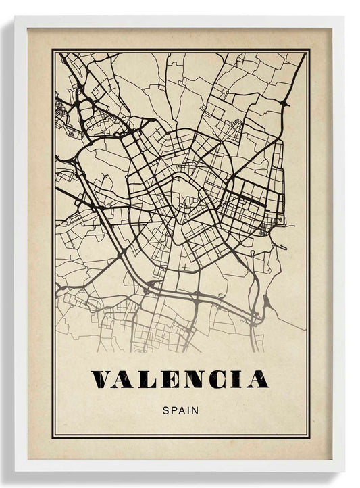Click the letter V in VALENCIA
[105, 379]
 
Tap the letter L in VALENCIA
[149, 379]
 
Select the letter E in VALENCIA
[170, 379]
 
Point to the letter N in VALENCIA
[194, 379]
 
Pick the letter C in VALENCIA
[217, 379]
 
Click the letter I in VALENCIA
[236, 379]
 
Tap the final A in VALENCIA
[256, 379]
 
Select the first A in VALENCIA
[128, 379]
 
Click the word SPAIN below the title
[180, 409]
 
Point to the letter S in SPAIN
[166, 409]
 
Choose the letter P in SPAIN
[174, 409]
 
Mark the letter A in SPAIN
[181, 409]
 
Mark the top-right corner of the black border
[309, 50]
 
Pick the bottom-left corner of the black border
[52, 437]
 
